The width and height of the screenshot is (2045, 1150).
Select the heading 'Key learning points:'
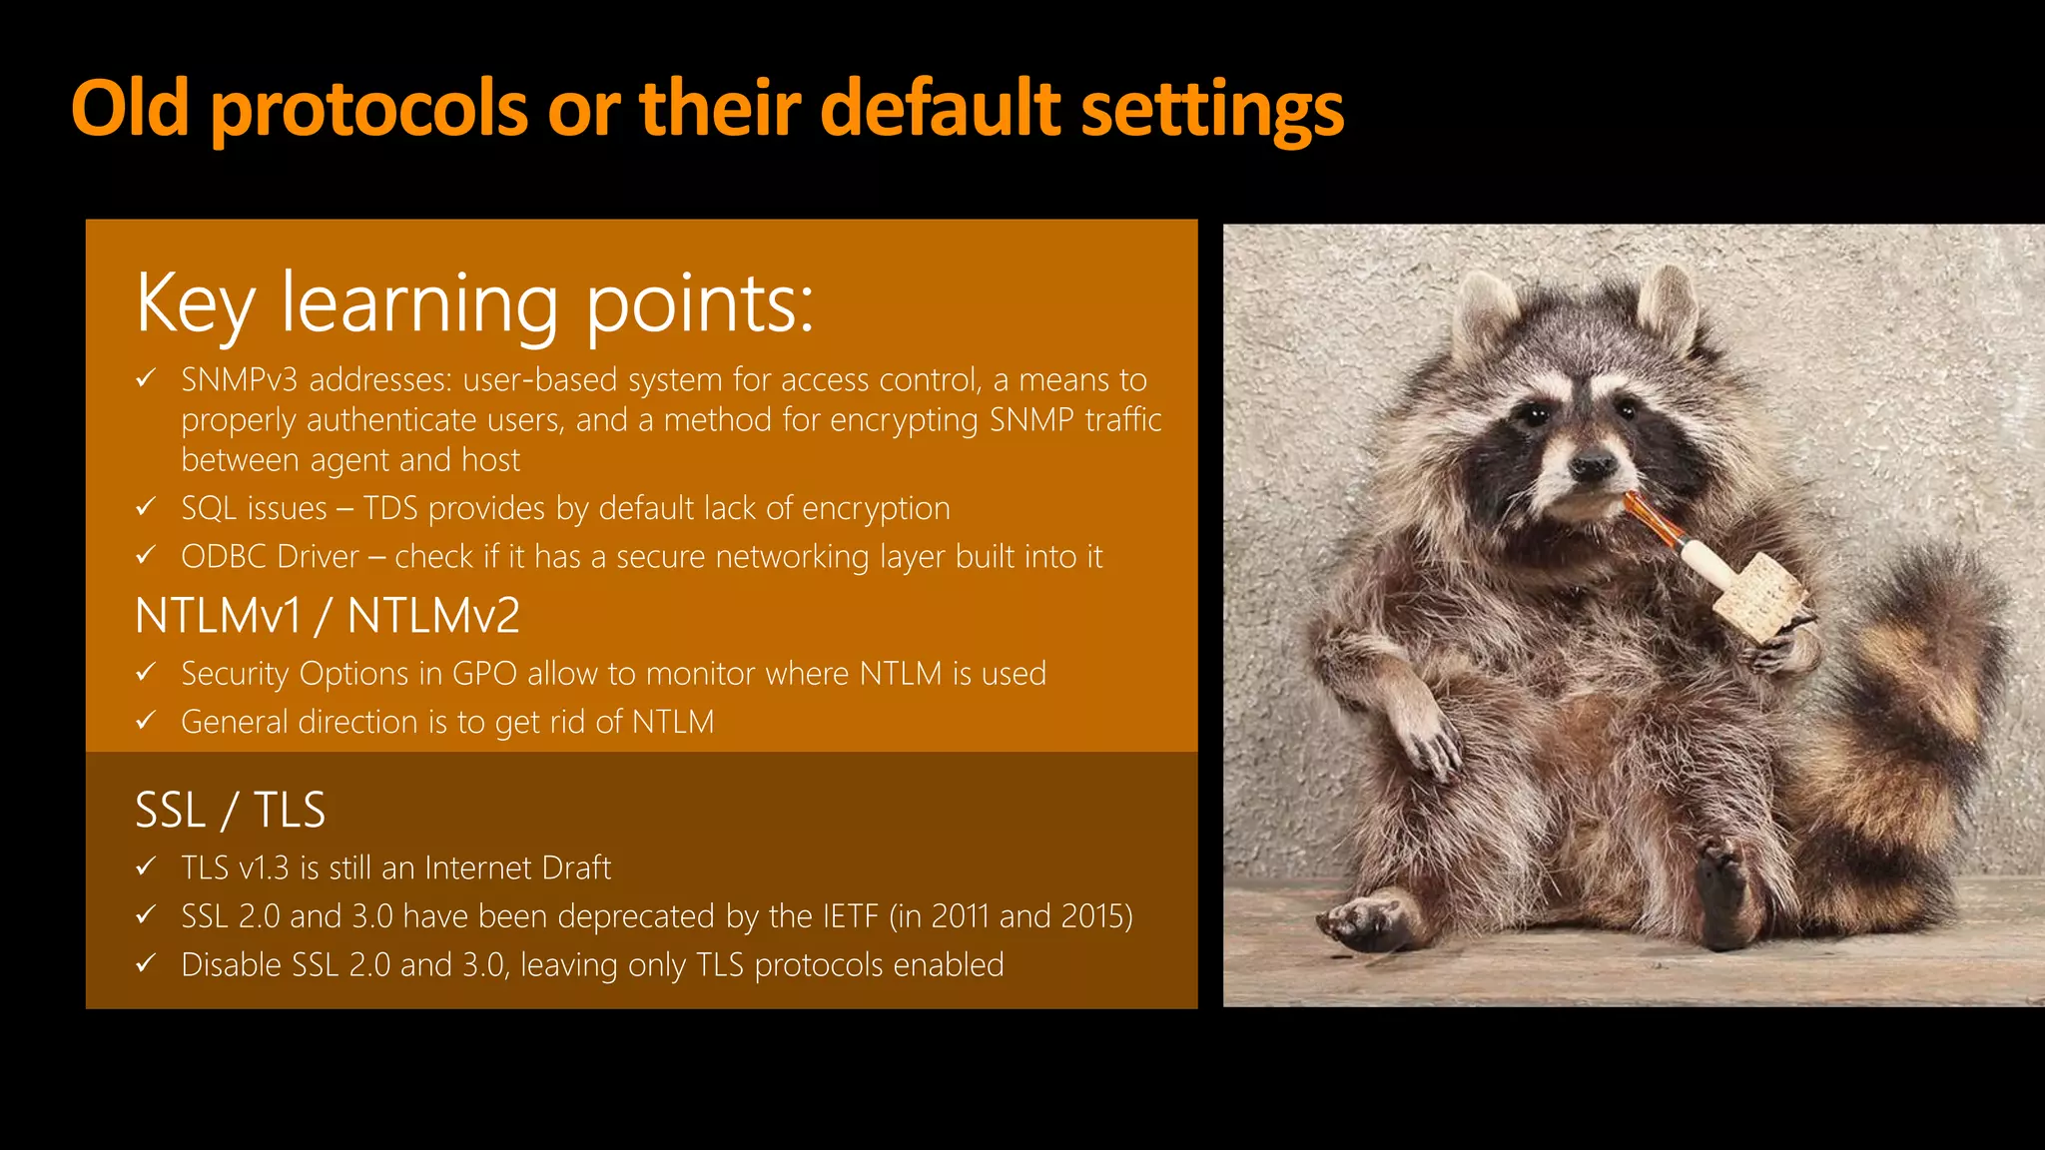(474, 303)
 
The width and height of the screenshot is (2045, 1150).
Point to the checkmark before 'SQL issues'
(146, 507)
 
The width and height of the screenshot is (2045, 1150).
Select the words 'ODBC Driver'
(270, 557)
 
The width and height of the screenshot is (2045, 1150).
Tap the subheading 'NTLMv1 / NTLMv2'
(327, 616)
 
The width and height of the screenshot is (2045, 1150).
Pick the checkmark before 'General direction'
(146, 720)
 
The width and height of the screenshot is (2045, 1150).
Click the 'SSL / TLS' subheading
(230, 810)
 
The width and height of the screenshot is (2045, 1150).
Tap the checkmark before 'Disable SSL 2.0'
(146, 963)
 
